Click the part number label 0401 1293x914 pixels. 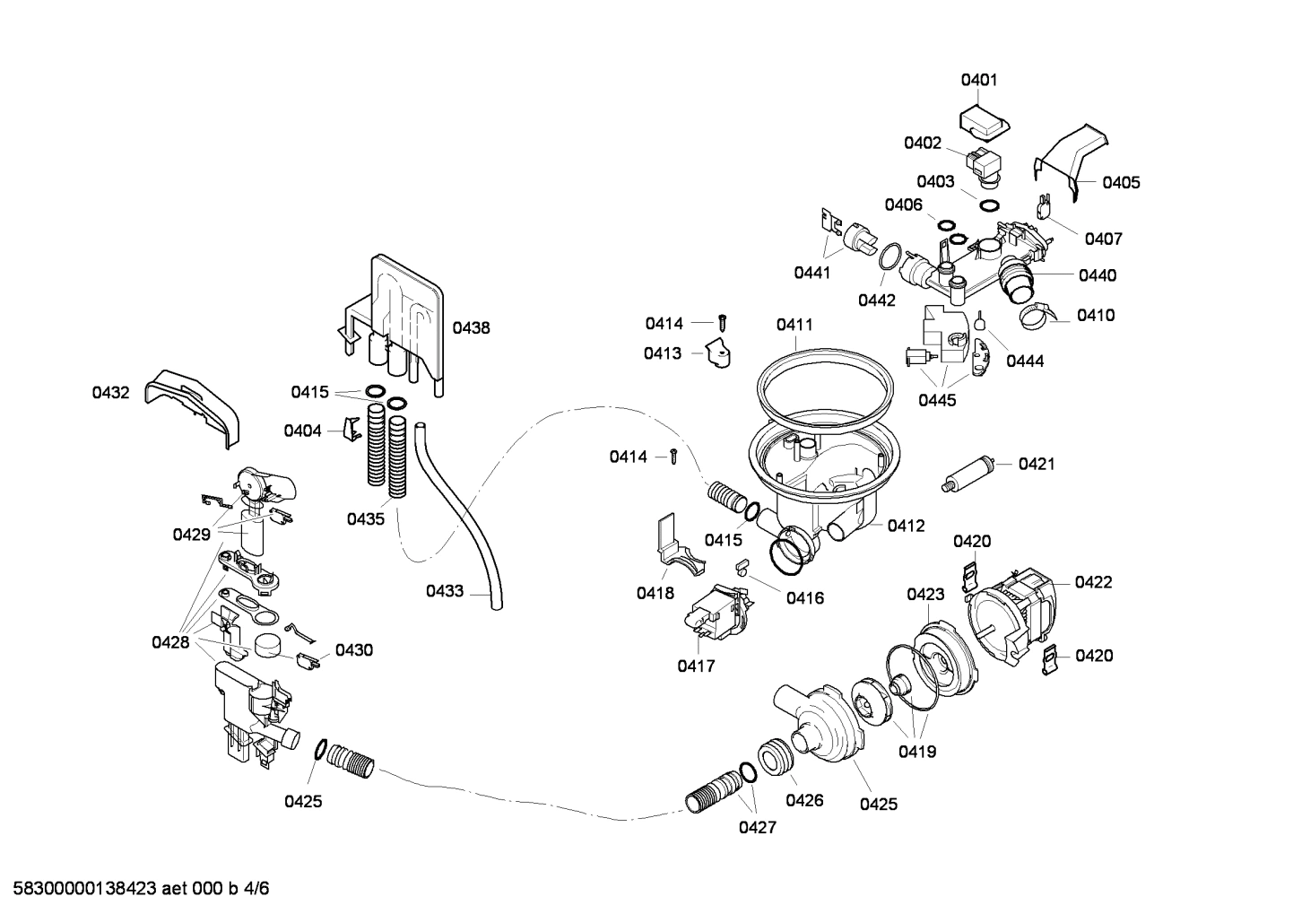click(979, 80)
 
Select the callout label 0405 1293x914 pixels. click(1121, 183)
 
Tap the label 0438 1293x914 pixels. click(471, 328)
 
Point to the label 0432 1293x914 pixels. click(110, 393)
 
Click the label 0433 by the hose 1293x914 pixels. click(445, 591)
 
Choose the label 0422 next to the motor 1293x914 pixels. click(1093, 582)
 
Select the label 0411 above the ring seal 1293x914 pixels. click(794, 324)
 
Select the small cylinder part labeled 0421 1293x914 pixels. click(970, 473)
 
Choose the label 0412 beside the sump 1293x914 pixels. click(907, 526)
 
